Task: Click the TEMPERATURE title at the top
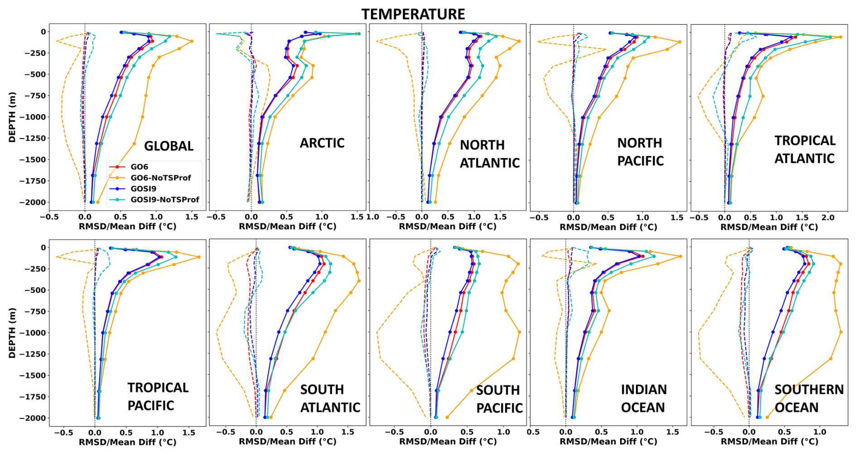413,14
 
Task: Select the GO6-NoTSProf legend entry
160,178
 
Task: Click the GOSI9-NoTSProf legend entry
164,200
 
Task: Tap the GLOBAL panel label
169,146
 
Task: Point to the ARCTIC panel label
322,143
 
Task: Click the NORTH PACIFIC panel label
640,152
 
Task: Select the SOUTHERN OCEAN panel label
809,399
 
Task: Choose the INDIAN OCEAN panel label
643,399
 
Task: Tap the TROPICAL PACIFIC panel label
158,397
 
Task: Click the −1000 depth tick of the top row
33,117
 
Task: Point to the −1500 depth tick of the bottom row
33,376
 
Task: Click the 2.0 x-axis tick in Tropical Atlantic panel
828,218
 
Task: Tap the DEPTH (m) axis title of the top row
12,117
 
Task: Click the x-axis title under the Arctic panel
288,226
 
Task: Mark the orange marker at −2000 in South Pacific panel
447,417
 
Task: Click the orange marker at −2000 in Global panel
97,202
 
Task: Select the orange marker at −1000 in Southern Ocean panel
841,332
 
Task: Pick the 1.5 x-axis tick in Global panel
192,217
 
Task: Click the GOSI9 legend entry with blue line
143,189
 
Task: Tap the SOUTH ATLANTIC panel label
330,399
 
